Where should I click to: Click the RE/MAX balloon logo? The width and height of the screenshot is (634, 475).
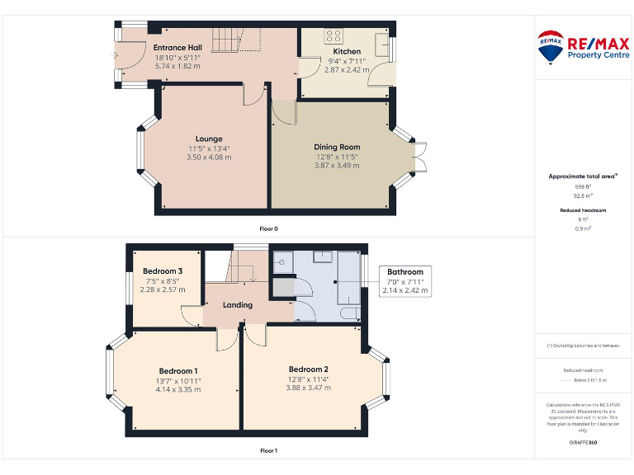pos(551,49)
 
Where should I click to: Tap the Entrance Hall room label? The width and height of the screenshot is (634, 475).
pos(177,48)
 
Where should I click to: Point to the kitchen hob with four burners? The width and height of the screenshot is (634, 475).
pos(334,36)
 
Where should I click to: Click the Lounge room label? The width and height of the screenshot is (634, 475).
pos(209,139)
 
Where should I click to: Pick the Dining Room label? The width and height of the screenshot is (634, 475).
pos(337,147)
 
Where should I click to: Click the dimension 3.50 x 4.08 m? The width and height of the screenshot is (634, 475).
pos(209,157)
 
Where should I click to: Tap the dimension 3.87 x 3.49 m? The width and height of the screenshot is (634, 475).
pos(337,165)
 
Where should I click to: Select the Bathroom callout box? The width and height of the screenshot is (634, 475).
pos(405,281)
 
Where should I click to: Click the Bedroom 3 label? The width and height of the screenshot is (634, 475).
pos(163,271)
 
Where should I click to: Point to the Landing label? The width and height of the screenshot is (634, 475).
pos(238,305)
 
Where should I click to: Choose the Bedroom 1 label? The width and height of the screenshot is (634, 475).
pos(178,371)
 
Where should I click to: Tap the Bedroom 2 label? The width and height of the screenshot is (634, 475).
pos(309,369)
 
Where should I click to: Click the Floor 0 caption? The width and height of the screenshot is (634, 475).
pos(269,228)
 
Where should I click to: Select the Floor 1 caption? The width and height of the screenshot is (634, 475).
pos(269,450)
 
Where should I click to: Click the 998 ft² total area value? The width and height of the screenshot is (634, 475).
pos(583,187)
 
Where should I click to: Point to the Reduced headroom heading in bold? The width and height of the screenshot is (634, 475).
pos(583,210)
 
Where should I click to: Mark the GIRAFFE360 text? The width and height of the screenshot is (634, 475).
pos(583,443)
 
